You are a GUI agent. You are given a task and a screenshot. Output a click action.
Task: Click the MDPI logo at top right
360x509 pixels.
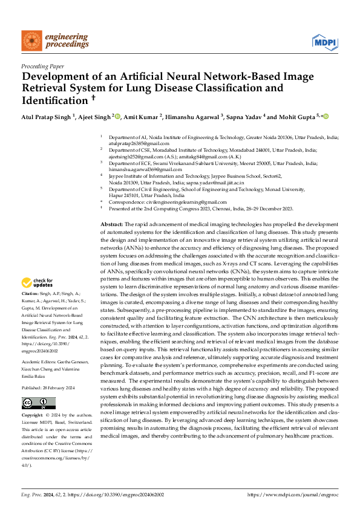click(324, 41)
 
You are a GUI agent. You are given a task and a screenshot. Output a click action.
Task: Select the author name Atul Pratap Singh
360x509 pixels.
click(47, 117)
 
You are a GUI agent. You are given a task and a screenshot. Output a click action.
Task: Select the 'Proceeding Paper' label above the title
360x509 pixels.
click(42, 66)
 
